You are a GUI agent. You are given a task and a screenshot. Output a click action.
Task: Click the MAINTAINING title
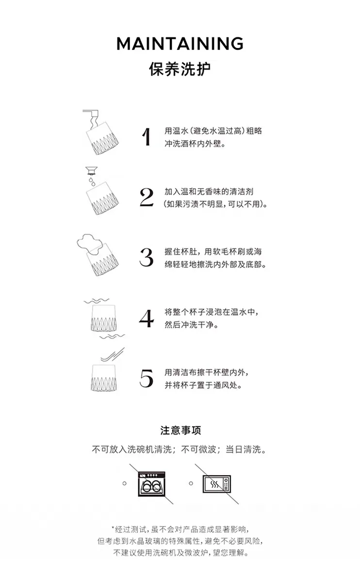pyautogui.click(x=180, y=44)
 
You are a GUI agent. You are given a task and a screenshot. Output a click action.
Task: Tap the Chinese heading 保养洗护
pyautogui.click(x=180, y=69)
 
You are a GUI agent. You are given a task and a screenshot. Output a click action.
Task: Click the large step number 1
pyautogui.click(x=147, y=136)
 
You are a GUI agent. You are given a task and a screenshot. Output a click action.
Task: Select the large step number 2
pyautogui.click(x=147, y=197)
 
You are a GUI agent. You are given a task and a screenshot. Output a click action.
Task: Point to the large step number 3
pyautogui.click(x=147, y=257)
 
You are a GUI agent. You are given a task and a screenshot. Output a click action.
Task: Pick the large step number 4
pyautogui.click(x=147, y=318)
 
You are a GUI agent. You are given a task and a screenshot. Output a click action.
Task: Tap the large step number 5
pyautogui.click(x=147, y=378)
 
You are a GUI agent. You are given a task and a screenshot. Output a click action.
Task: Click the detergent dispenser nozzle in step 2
pyautogui.click(x=91, y=170)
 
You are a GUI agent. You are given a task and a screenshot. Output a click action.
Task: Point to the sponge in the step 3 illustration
pyautogui.click(x=89, y=243)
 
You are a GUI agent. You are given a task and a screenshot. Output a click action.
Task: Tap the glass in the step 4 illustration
pyautogui.click(x=103, y=318)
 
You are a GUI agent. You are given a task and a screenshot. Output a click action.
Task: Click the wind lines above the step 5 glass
pyautogui.click(x=113, y=355)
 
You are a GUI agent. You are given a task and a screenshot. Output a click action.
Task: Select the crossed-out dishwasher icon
pyautogui.click(x=151, y=484)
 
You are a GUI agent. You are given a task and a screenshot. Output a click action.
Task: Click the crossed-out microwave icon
pyautogui.click(x=217, y=484)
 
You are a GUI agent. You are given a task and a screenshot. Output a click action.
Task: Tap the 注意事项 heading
pyautogui.click(x=180, y=431)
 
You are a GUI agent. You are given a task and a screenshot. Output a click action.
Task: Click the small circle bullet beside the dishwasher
pyautogui.click(x=125, y=484)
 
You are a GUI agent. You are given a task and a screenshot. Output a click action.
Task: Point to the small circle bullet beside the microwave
pyautogui.click(x=191, y=484)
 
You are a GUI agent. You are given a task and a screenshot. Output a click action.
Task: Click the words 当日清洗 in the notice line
pyautogui.click(x=243, y=449)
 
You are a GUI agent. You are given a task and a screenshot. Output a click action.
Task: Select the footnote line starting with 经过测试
pyautogui.click(x=180, y=529)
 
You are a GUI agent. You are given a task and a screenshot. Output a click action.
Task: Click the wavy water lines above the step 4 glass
pyautogui.click(x=97, y=301)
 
